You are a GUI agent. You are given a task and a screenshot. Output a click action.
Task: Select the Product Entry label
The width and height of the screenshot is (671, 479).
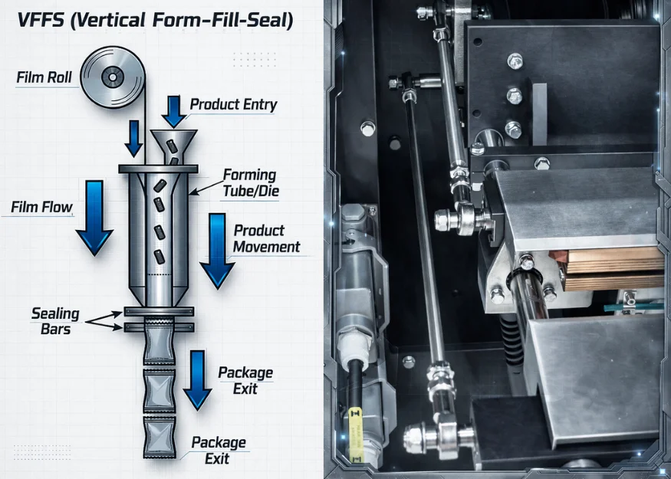[x=233, y=105]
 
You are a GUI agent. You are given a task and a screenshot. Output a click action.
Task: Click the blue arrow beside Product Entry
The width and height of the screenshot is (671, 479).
[x=174, y=110]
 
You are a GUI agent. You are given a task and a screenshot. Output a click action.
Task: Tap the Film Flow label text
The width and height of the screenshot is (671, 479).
[x=41, y=208]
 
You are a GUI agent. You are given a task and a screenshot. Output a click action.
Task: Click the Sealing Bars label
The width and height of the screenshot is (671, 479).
[x=55, y=320]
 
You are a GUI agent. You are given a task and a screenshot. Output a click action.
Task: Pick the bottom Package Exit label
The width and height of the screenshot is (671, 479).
[x=219, y=450]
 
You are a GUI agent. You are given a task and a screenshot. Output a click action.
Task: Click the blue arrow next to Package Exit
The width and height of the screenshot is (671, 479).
[x=197, y=379]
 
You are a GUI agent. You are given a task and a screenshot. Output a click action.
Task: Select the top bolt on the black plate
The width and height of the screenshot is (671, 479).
[x=515, y=61]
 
